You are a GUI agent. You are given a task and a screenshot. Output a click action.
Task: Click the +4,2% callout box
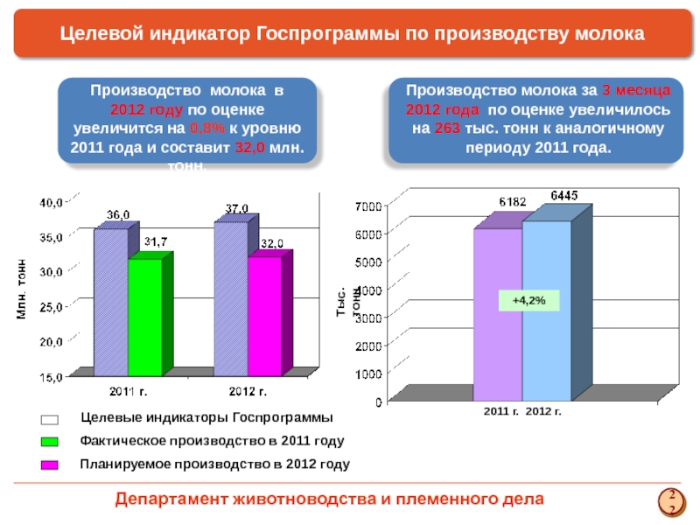[528, 300]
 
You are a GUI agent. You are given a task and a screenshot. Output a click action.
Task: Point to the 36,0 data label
[119, 214]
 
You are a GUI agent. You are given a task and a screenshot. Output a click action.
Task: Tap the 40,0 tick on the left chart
[50, 202]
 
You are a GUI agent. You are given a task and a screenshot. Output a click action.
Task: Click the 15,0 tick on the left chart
[50, 377]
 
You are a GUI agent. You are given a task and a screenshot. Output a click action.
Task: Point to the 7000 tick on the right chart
[367, 206]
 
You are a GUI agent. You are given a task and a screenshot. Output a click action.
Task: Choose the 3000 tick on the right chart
[367, 318]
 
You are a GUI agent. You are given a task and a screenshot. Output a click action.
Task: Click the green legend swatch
[50, 441]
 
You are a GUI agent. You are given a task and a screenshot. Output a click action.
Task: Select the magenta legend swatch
[50, 465]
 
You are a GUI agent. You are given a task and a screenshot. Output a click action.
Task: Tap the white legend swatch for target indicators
[50, 419]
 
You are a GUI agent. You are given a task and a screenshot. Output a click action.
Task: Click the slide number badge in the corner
[672, 500]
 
